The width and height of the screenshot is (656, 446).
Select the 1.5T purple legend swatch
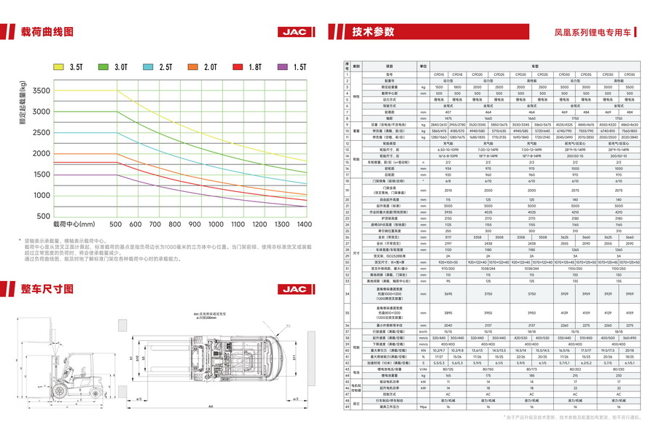[x=281, y=66]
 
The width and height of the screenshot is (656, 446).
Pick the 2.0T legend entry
[x=200, y=66]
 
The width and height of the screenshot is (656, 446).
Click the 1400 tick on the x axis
[x=305, y=225]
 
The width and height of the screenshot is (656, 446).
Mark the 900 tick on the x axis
[x=193, y=225]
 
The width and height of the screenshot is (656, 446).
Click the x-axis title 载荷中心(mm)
[x=74, y=225]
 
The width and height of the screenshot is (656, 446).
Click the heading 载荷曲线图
[x=47, y=32]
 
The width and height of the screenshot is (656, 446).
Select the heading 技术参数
[x=372, y=32]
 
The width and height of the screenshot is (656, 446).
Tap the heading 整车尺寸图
[x=47, y=288]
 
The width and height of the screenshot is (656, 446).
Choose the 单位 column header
[x=423, y=65]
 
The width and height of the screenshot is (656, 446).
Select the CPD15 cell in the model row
[x=440, y=74]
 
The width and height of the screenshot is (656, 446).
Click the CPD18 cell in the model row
[x=457, y=74]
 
